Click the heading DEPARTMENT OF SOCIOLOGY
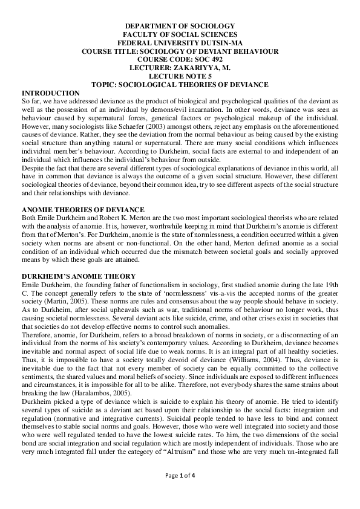click(x=180, y=27)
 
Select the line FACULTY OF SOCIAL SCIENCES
click(x=180, y=35)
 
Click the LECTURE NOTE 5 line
click(x=180, y=77)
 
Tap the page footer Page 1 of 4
click(x=180, y=491)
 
